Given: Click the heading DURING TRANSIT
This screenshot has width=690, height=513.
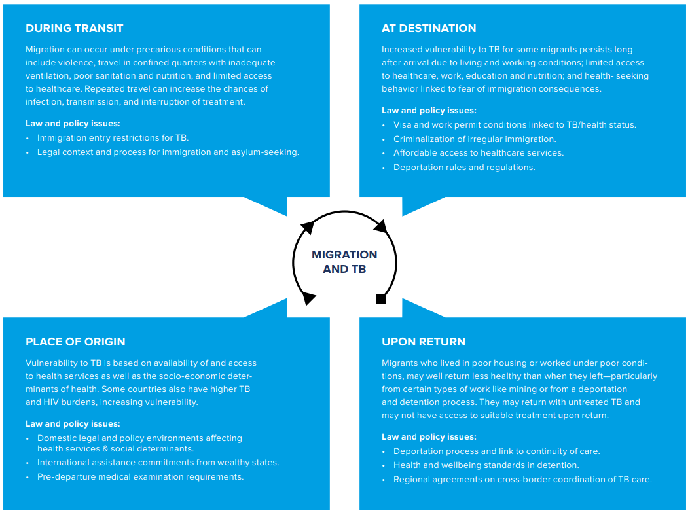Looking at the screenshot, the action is coord(75,28).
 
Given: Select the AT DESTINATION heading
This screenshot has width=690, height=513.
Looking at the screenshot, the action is coord(429,28).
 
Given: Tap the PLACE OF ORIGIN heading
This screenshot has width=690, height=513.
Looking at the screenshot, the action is coord(75,342).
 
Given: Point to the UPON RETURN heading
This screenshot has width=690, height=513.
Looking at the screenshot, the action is coord(424,342).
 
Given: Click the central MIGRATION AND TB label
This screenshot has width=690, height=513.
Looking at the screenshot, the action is coord(344,262).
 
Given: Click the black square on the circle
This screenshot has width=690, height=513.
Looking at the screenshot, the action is coord(380,299).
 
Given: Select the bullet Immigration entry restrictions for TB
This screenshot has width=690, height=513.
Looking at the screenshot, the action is coord(113,137).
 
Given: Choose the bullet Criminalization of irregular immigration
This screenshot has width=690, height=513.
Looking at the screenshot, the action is coord(475,139).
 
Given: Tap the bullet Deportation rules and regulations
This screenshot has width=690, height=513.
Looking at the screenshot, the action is coord(463,168).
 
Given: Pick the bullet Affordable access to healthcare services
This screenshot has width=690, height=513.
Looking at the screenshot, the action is coord(479,152).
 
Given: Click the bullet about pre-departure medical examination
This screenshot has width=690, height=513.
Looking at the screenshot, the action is coord(140,476).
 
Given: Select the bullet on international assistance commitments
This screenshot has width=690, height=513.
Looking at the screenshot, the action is coord(158,463).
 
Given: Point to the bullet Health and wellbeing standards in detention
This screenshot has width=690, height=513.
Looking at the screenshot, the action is coord(486,465).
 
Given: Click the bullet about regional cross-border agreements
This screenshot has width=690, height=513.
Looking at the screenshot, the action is coord(522,479).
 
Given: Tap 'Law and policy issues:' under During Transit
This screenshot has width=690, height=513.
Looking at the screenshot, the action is coord(73,123).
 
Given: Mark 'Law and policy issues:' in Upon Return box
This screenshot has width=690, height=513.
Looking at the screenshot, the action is coord(429,436).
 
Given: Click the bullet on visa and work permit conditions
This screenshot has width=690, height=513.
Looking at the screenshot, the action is coord(515,124).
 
